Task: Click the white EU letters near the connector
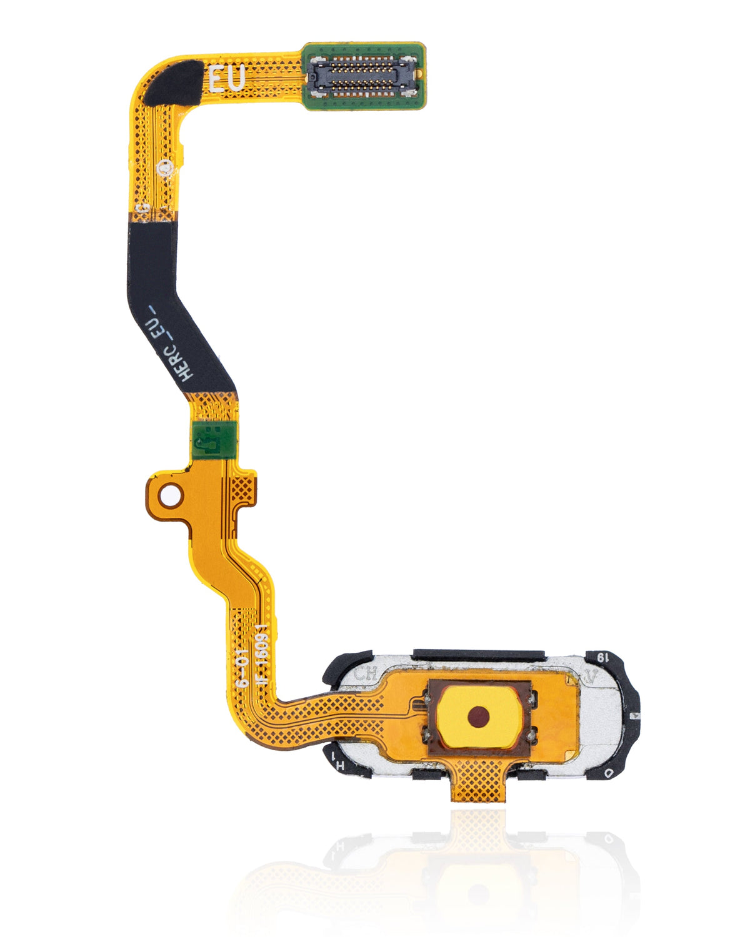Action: pos(226,80)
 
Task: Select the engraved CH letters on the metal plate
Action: pos(366,675)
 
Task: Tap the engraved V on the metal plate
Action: pos(591,676)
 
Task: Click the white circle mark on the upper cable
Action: pos(166,167)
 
